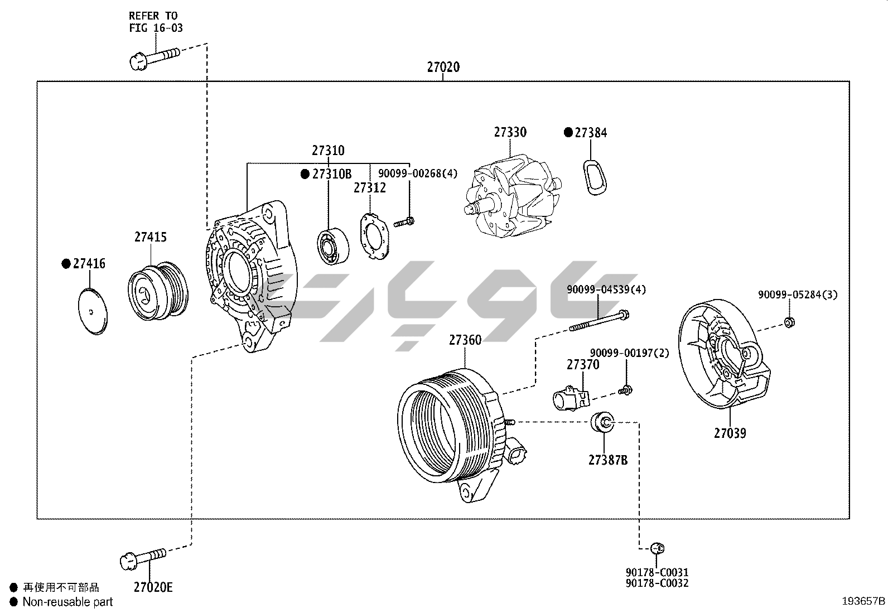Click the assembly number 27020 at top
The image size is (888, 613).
(443, 67)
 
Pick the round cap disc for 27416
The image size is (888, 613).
(92, 311)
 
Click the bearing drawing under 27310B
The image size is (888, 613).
(333, 246)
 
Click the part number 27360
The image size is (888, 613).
(465, 340)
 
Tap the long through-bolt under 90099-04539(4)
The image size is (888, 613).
(600, 320)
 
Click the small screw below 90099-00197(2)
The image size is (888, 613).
(625, 390)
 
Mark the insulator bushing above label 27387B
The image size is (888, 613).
(602, 422)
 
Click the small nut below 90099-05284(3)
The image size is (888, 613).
(789, 322)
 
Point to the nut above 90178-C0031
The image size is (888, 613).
(658, 548)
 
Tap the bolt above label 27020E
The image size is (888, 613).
(143, 558)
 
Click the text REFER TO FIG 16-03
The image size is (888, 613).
(155, 22)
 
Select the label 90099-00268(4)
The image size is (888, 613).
(417, 173)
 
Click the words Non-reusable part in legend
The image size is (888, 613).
(67, 602)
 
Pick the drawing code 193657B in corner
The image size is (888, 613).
(863, 601)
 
